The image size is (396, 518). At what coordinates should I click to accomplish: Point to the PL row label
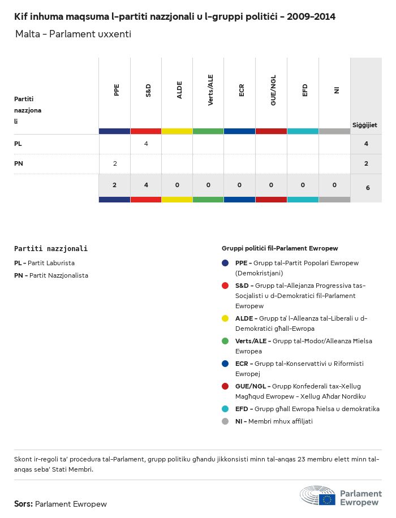coord(18,144)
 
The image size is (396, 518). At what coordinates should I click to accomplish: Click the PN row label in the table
coord(18,163)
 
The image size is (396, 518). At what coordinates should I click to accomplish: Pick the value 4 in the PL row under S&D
coord(146,144)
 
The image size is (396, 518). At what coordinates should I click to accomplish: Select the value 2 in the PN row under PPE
coord(115,163)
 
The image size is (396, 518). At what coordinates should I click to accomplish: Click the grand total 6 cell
coord(368,187)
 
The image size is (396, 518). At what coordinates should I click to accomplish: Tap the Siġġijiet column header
coord(365,125)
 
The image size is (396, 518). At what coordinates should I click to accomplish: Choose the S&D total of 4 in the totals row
coord(146,185)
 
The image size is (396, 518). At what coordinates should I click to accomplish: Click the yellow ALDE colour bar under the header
coord(177,131)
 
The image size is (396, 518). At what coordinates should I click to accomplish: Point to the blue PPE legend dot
coord(225,263)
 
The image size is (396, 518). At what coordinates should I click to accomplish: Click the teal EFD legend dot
coord(225,409)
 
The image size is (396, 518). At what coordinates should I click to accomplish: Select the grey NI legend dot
coord(225,421)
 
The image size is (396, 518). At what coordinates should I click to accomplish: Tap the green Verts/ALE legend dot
coord(225,341)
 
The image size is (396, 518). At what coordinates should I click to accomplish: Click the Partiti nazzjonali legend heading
coord(51,248)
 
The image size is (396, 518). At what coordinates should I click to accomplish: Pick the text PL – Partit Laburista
coord(44,263)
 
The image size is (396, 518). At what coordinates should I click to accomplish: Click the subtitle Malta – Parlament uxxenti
coord(73,34)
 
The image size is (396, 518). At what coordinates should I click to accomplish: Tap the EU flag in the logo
coord(327,499)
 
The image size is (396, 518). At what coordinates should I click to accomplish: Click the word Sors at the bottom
coord(23,504)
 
